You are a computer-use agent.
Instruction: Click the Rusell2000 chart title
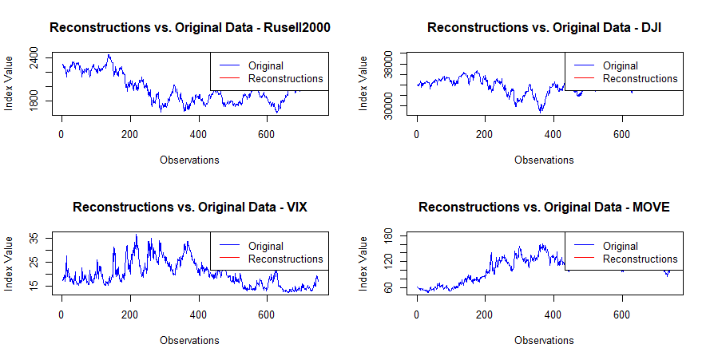190,27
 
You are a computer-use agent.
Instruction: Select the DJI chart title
544,27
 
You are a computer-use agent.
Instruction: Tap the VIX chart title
190,208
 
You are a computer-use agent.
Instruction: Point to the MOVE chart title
544,208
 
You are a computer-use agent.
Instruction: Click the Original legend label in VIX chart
265,246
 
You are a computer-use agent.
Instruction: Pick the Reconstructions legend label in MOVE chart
640,259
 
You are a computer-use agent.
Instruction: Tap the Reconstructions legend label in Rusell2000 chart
285,79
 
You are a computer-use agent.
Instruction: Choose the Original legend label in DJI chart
620,65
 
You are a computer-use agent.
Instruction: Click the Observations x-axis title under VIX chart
189,340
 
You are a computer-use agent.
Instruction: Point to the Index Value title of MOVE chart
364,263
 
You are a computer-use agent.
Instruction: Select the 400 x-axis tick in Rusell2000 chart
198,133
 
